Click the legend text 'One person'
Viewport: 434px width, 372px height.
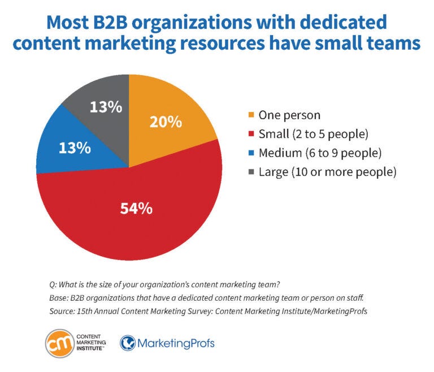click(x=289, y=115)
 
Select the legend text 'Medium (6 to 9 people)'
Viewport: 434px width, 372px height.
click(x=319, y=153)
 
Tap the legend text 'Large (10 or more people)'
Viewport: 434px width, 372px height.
click(x=327, y=172)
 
